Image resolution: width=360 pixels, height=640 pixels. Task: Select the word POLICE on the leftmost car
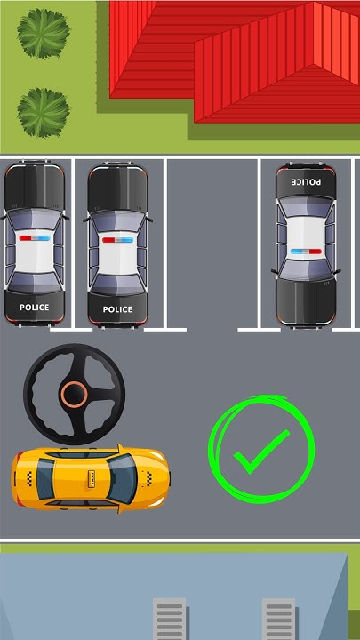pyautogui.click(x=34, y=308)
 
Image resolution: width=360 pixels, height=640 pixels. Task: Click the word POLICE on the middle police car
pyautogui.click(x=116, y=309)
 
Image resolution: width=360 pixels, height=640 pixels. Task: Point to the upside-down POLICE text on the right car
pyautogui.click(x=306, y=181)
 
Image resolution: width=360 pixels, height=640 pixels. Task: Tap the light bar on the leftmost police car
pyautogui.click(x=34, y=239)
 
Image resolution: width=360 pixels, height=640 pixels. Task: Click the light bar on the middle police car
pyautogui.click(x=116, y=240)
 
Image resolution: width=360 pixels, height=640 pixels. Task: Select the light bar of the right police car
pyautogui.click(x=306, y=252)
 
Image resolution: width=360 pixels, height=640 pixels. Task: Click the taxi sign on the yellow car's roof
pyautogui.click(x=92, y=479)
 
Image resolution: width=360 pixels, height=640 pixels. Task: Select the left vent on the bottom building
pyautogui.click(x=169, y=620)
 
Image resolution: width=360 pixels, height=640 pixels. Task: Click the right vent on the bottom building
pyautogui.click(x=278, y=620)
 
